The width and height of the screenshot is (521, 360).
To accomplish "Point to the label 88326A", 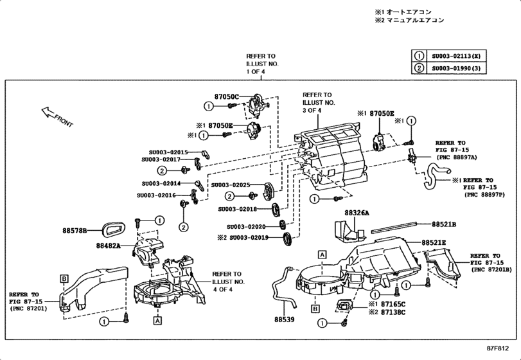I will click(x=357, y=212).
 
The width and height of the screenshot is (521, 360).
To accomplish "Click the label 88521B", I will click(x=444, y=224).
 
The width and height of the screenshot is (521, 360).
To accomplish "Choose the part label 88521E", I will click(x=434, y=242).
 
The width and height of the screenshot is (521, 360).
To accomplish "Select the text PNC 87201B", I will click(x=491, y=270).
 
